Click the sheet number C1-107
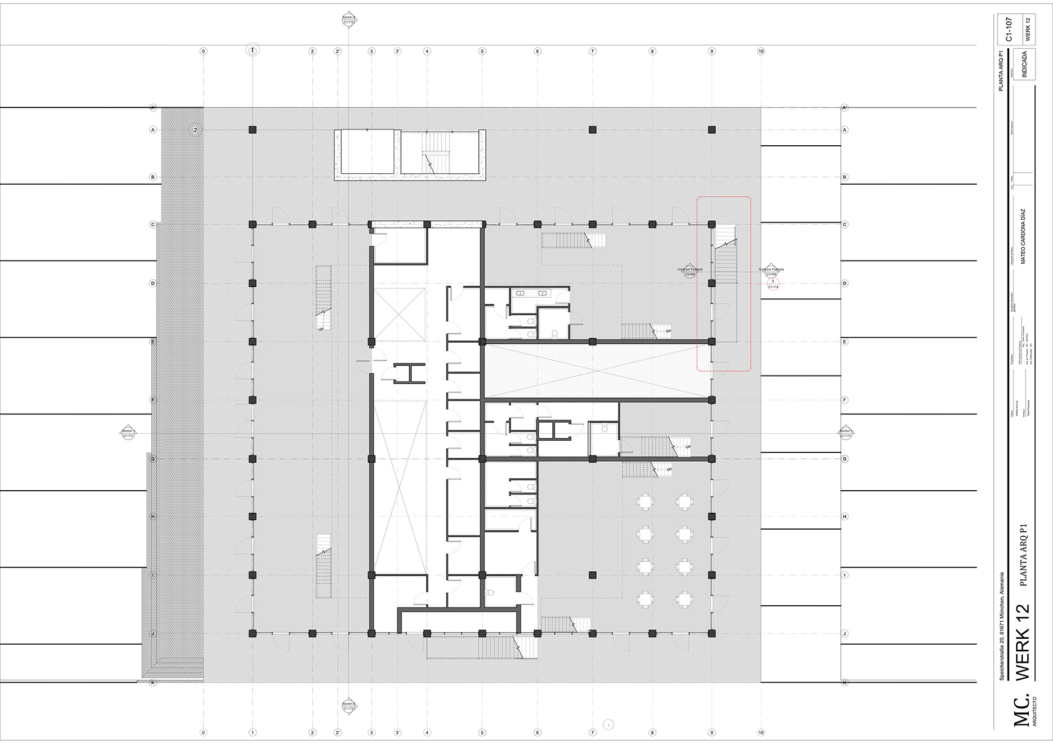pos(1009,30)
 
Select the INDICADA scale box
pos(1024,64)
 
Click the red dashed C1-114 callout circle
pos(773,284)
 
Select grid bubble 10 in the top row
pos(761,51)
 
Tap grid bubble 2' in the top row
pos(338,51)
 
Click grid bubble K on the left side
pos(153,683)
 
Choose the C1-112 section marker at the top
pos(349,20)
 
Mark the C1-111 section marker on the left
pos(128,433)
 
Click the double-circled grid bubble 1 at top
pos(252,50)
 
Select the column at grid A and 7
pos(592,130)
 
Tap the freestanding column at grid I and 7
pos(592,575)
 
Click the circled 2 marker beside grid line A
pos(195,130)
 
